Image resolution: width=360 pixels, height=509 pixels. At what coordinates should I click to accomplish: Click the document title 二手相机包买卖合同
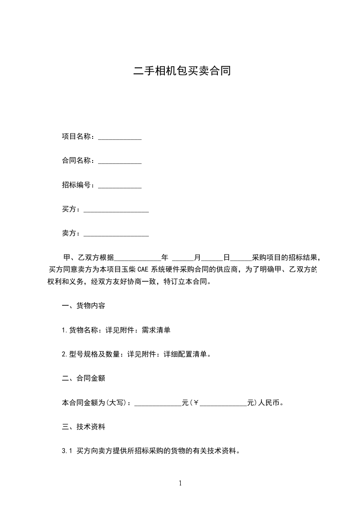point(182,71)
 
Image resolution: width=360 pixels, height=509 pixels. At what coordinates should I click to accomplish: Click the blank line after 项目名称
point(120,137)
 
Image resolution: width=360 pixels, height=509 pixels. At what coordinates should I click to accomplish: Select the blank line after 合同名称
point(120,161)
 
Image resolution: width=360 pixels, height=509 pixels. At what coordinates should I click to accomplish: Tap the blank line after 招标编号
point(120,186)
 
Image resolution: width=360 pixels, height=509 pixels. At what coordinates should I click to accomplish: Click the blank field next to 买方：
point(116,210)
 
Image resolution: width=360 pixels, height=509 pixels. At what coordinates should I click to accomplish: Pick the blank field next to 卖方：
point(116,234)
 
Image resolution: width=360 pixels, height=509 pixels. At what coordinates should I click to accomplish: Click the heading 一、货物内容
point(84,306)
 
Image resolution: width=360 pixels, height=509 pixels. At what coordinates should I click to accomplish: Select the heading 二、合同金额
point(84,378)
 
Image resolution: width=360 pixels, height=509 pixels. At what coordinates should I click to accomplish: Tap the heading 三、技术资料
point(84,427)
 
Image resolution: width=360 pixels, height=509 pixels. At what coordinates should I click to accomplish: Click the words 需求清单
point(156,330)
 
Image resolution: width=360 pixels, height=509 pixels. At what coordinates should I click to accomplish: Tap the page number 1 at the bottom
point(180,483)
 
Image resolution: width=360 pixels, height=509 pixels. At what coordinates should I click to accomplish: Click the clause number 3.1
point(67,451)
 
